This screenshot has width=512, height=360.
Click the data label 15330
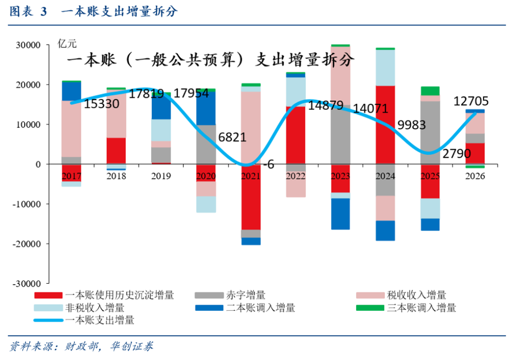pyautogui.click(x=101, y=103)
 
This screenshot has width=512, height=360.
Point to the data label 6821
pyautogui.click(x=232, y=137)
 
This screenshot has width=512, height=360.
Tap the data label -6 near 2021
pyautogui.click(x=269, y=164)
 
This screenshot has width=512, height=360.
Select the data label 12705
pyautogui.click(x=471, y=101)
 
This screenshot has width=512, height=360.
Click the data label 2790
pyautogui.click(x=457, y=153)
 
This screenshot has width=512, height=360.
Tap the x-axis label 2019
pyautogui.click(x=161, y=176)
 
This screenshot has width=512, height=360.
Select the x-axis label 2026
pyautogui.click(x=475, y=176)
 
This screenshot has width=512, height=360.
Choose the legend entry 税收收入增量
pyautogui.click(x=416, y=295)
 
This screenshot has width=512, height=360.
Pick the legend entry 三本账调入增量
pyautogui.click(x=421, y=308)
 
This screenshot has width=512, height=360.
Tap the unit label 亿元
pyautogui.click(x=67, y=45)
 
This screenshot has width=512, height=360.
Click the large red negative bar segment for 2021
pyautogui.click(x=250, y=199)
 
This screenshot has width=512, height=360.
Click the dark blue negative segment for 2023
pyautogui.click(x=340, y=214)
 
